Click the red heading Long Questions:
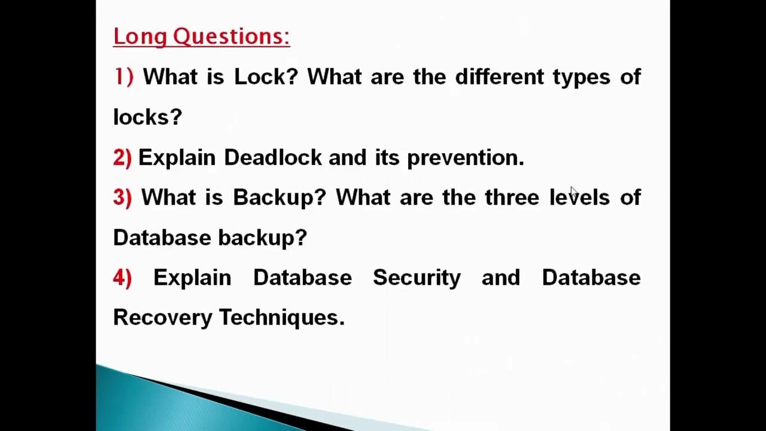point(201,37)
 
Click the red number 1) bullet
point(124,77)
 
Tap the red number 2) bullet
point(122,157)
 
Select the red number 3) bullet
point(122,198)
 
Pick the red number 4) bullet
point(122,278)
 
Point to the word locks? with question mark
point(147,117)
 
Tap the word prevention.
point(465,157)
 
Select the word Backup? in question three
point(279,198)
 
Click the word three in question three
point(512,198)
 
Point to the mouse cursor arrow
point(573,192)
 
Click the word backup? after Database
point(262,238)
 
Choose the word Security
point(417,278)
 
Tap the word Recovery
point(162,317)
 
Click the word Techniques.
point(282,317)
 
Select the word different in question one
point(499,77)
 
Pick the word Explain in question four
point(192,278)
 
